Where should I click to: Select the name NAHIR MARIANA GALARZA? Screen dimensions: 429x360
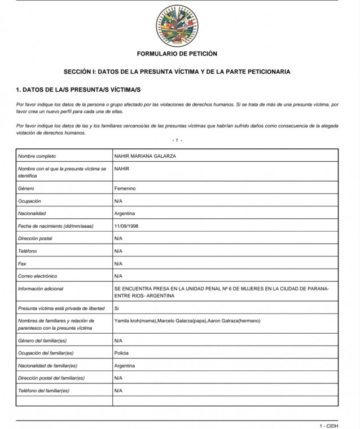coord(144,156)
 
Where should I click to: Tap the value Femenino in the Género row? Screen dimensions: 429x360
coord(125,188)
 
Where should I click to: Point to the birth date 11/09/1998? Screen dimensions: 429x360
coord(126,226)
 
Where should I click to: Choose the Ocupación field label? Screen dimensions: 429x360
coord(30,201)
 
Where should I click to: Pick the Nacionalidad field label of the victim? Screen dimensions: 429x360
coord(32,214)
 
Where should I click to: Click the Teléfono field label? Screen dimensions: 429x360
coord(28,251)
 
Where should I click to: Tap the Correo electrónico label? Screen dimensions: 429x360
coord(38,276)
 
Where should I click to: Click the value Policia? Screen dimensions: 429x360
coord(121,352)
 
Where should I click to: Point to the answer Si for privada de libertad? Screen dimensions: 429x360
coord(117,308)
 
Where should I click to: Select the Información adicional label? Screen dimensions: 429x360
coord(40,289)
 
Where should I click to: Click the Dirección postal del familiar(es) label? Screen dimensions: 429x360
coord(51,378)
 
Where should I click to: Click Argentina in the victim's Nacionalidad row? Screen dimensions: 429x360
coord(125,214)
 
